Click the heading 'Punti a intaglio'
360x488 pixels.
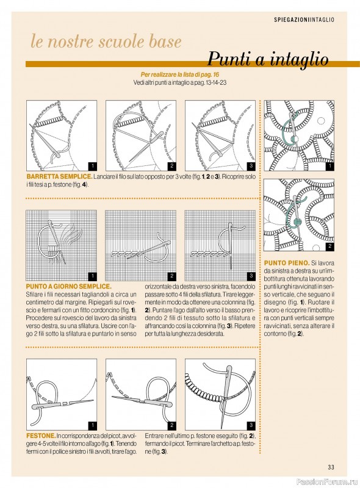click(x=268, y=59)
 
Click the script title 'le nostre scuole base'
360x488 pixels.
click(x=106, y=41)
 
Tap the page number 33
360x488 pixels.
click(x=331, y=467)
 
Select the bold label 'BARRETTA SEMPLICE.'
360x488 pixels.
click(x=59, y=176)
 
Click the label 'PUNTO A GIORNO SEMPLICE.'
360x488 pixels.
click(x=68, y=286)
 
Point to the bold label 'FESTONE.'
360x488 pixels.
click(x=41, y=436)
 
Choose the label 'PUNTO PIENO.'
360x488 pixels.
click(x=287, y=263)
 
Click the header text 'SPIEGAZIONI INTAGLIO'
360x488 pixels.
click(x=304, y=20)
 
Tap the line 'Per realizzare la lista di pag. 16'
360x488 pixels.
click(x=180, y=74)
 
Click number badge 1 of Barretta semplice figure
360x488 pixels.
click(x=93, y=166)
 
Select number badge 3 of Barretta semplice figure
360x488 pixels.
click(x=251, y=166)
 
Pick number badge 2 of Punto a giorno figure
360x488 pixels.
click(x=171, y=276)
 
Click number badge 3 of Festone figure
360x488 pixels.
click(x=251, y=425)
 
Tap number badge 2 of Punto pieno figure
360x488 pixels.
click(x=329, y=247)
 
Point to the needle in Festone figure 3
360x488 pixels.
click(x=226, y=395)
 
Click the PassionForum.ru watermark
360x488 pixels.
click(x=326, y=482)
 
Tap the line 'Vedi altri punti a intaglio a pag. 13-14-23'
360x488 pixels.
click(x=179, y=83)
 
